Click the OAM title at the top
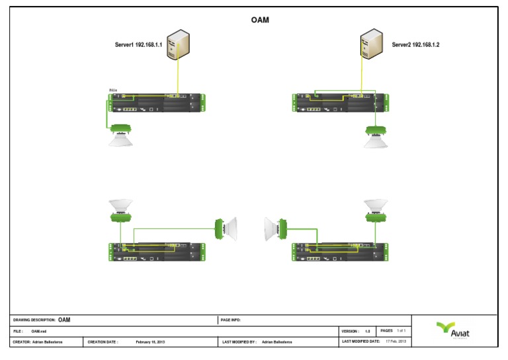pos(260,21)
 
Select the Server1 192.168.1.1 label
pos(139,45)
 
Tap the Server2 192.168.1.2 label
pos(415,45)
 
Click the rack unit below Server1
pos(157,103)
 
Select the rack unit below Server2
pos(337,103)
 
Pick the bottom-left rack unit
pos(157,251)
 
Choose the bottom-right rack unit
pos(337,251)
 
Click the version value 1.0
pos(367,331)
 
